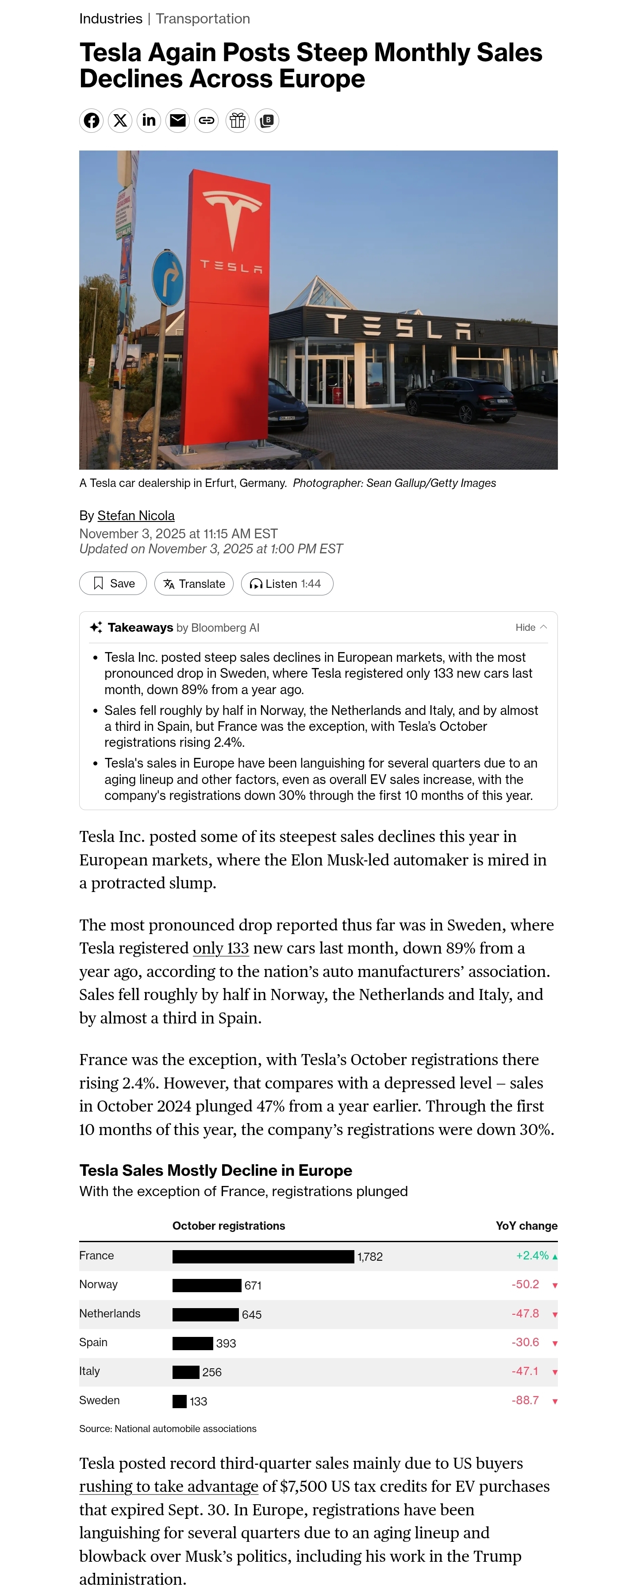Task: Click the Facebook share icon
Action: [x=92, y=120]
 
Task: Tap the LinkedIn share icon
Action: [x=149, y=120]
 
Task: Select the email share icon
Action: [x=178, y=120]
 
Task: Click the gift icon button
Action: [x=238, y=120]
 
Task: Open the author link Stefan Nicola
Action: [x=136, y=516]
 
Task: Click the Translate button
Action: [x=194, y=583]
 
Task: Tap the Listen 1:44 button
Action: [x=287, y=583]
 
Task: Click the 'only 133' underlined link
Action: [x=220, y=948]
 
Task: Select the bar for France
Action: [x=263, y=1256]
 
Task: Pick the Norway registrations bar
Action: [x=207, y=1285]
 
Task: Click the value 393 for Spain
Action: [x=226, y=1344]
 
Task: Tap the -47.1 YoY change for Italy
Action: [x=525, y=1371]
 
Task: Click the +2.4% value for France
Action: [x=532, y=1255]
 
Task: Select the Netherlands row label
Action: [x=110, y=1314]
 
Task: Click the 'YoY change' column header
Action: [x=526, y=1226]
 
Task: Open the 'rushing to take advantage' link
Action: [x=169, y=1487]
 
